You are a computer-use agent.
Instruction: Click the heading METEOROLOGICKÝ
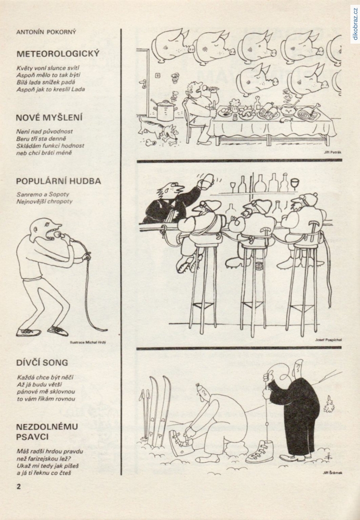58,53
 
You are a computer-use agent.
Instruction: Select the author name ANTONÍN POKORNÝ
46,32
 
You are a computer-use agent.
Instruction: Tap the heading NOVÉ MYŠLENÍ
49,118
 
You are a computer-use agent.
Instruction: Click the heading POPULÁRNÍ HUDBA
59,181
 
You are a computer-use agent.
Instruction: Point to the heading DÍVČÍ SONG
42,363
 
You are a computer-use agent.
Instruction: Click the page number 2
19,486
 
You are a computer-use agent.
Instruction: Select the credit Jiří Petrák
333,152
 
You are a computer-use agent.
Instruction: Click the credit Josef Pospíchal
328,340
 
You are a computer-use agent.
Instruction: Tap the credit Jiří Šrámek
332,473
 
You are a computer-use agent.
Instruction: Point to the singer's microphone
59,235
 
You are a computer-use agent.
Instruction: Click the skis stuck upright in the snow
158,408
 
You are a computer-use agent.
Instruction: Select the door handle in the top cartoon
144,83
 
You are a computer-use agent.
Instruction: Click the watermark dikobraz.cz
355,23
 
